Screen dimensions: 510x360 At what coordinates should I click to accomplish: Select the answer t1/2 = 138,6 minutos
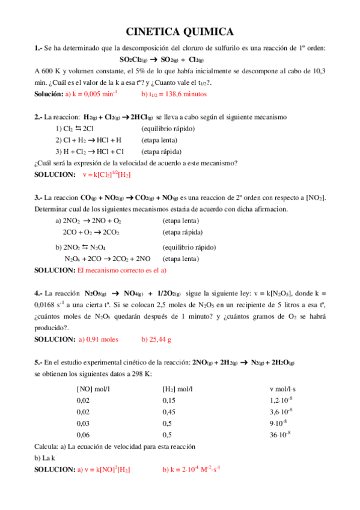174,94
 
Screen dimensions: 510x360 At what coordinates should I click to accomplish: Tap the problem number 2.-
38,117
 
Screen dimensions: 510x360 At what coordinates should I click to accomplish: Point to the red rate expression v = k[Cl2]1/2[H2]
106,174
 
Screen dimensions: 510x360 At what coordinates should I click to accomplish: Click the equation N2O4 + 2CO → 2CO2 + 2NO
108,259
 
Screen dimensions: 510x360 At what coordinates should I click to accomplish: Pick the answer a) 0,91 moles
99,339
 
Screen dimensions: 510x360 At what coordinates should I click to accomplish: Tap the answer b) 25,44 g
156,339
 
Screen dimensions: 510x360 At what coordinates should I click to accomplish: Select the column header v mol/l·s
287,389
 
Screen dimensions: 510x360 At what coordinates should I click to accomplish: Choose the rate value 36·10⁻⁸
281,434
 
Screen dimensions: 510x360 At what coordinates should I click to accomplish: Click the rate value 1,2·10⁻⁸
281,400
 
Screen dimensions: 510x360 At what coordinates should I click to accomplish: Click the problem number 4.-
38,293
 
